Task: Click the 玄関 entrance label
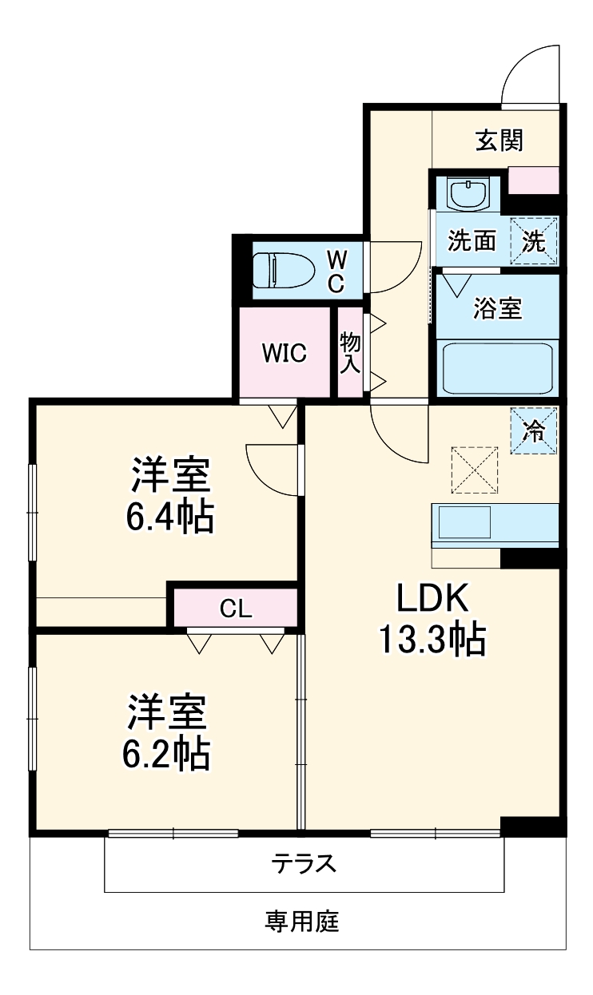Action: click(x=499, y=141)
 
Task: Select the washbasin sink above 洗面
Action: click(x=466, y=194)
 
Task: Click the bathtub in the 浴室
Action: click(x=495, y=368)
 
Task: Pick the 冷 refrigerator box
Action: click(x=534, y=431)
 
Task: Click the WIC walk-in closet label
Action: click(x=285, y=353)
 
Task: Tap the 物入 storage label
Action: click(x=351, y=352)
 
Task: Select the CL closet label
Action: click(x=236, y=609)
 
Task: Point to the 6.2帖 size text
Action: click(x=168, y=753)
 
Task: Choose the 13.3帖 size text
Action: click(x=432, y=639)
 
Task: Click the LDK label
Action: click(x=432, y=597)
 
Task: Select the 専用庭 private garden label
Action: click(x=302, y=922)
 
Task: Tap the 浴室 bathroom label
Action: click(x=497, y=309)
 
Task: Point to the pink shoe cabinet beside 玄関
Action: click(x=534, y=180)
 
